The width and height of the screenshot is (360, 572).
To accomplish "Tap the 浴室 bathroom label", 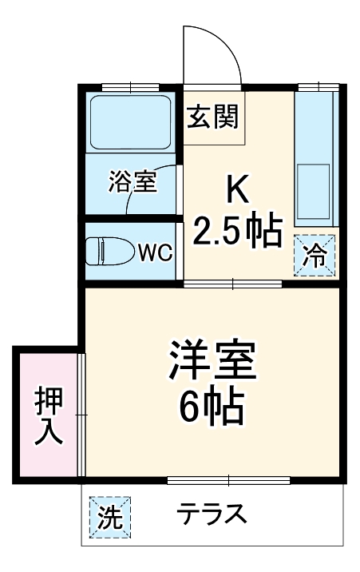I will tap(133, 181).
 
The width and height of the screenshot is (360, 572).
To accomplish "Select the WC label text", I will tap(155, 253).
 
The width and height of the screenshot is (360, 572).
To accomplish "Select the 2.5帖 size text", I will tap(237, 231).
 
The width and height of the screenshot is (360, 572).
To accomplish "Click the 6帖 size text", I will tap(212, 407).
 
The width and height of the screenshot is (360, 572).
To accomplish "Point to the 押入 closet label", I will tap(48, 416).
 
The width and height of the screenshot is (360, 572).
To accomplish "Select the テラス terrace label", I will tap(211, 514).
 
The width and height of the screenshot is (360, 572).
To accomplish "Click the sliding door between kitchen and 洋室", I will tap(233, 284).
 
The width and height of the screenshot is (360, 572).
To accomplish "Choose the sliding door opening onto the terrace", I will tap(229, 481).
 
